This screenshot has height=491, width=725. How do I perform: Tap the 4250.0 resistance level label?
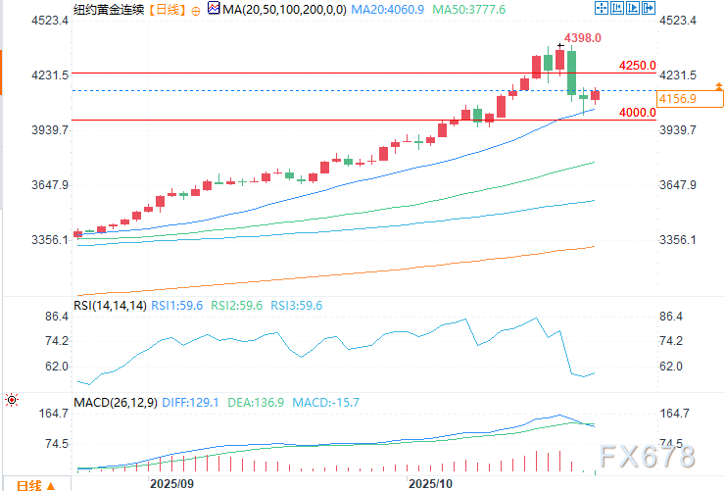(x=637, y=66)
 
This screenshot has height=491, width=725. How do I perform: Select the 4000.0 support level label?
(x=637, y=113)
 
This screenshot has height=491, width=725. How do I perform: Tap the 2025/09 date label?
(x=171, y=484)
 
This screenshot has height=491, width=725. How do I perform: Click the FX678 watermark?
(x=650, y=457)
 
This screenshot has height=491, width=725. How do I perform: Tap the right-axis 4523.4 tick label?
(x=679, y=21)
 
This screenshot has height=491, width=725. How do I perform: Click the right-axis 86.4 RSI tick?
(x=671, y=317)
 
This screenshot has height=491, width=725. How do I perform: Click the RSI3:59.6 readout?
(x=298, y=306)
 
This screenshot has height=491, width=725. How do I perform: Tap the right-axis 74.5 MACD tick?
(x=671, y=444)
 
